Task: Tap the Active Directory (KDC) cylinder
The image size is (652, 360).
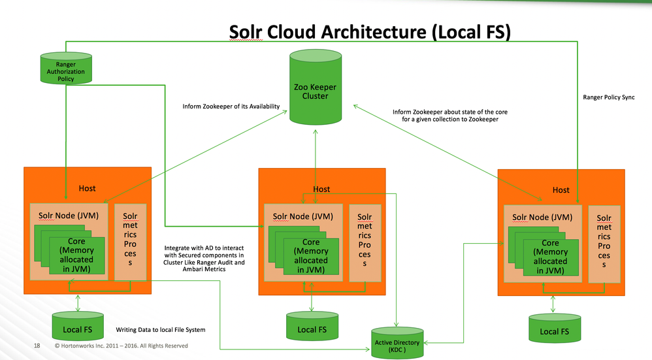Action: click(x=397, y=342)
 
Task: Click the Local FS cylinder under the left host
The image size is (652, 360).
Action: click(x=78, y=325)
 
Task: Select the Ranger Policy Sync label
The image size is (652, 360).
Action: click(x=608, y=97)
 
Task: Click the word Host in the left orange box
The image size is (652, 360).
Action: click(x=87, y=188)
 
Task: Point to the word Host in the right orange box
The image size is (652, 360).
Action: click(x=561, y=190)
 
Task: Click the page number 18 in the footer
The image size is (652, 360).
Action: click(x=37, y=346)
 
